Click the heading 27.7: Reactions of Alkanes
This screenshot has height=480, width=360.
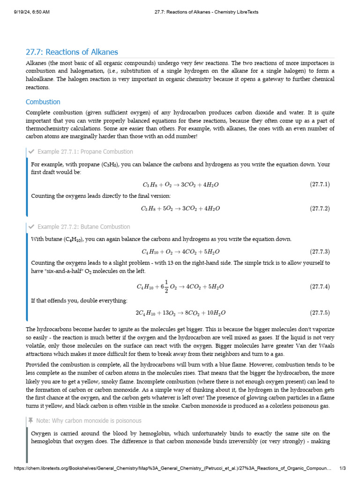click(72, 52)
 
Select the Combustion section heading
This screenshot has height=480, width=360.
click(43, 102)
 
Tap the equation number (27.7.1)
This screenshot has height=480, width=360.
click(320, 184)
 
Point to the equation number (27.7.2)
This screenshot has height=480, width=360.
click(320, 208)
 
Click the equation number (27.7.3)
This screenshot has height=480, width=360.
click(320, 251)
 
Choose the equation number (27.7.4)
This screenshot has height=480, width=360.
click(320, 286)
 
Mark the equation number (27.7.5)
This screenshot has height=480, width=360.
click(320, 312)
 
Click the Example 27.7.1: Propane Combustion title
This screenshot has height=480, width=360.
click(85, 151)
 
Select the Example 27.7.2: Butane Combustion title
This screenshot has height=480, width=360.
click(84, 226)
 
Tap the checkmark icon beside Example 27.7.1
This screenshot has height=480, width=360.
click(31, 151)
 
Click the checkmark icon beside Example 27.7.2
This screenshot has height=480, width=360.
click(31, 226)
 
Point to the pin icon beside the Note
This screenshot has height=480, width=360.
click(31, 420)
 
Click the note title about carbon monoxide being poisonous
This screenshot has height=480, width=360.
click(89, 420)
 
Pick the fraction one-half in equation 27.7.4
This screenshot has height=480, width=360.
click(166, 286)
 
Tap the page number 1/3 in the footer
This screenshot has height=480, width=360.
click(342, 468)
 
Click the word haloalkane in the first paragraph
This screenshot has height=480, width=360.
click(40, 79)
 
